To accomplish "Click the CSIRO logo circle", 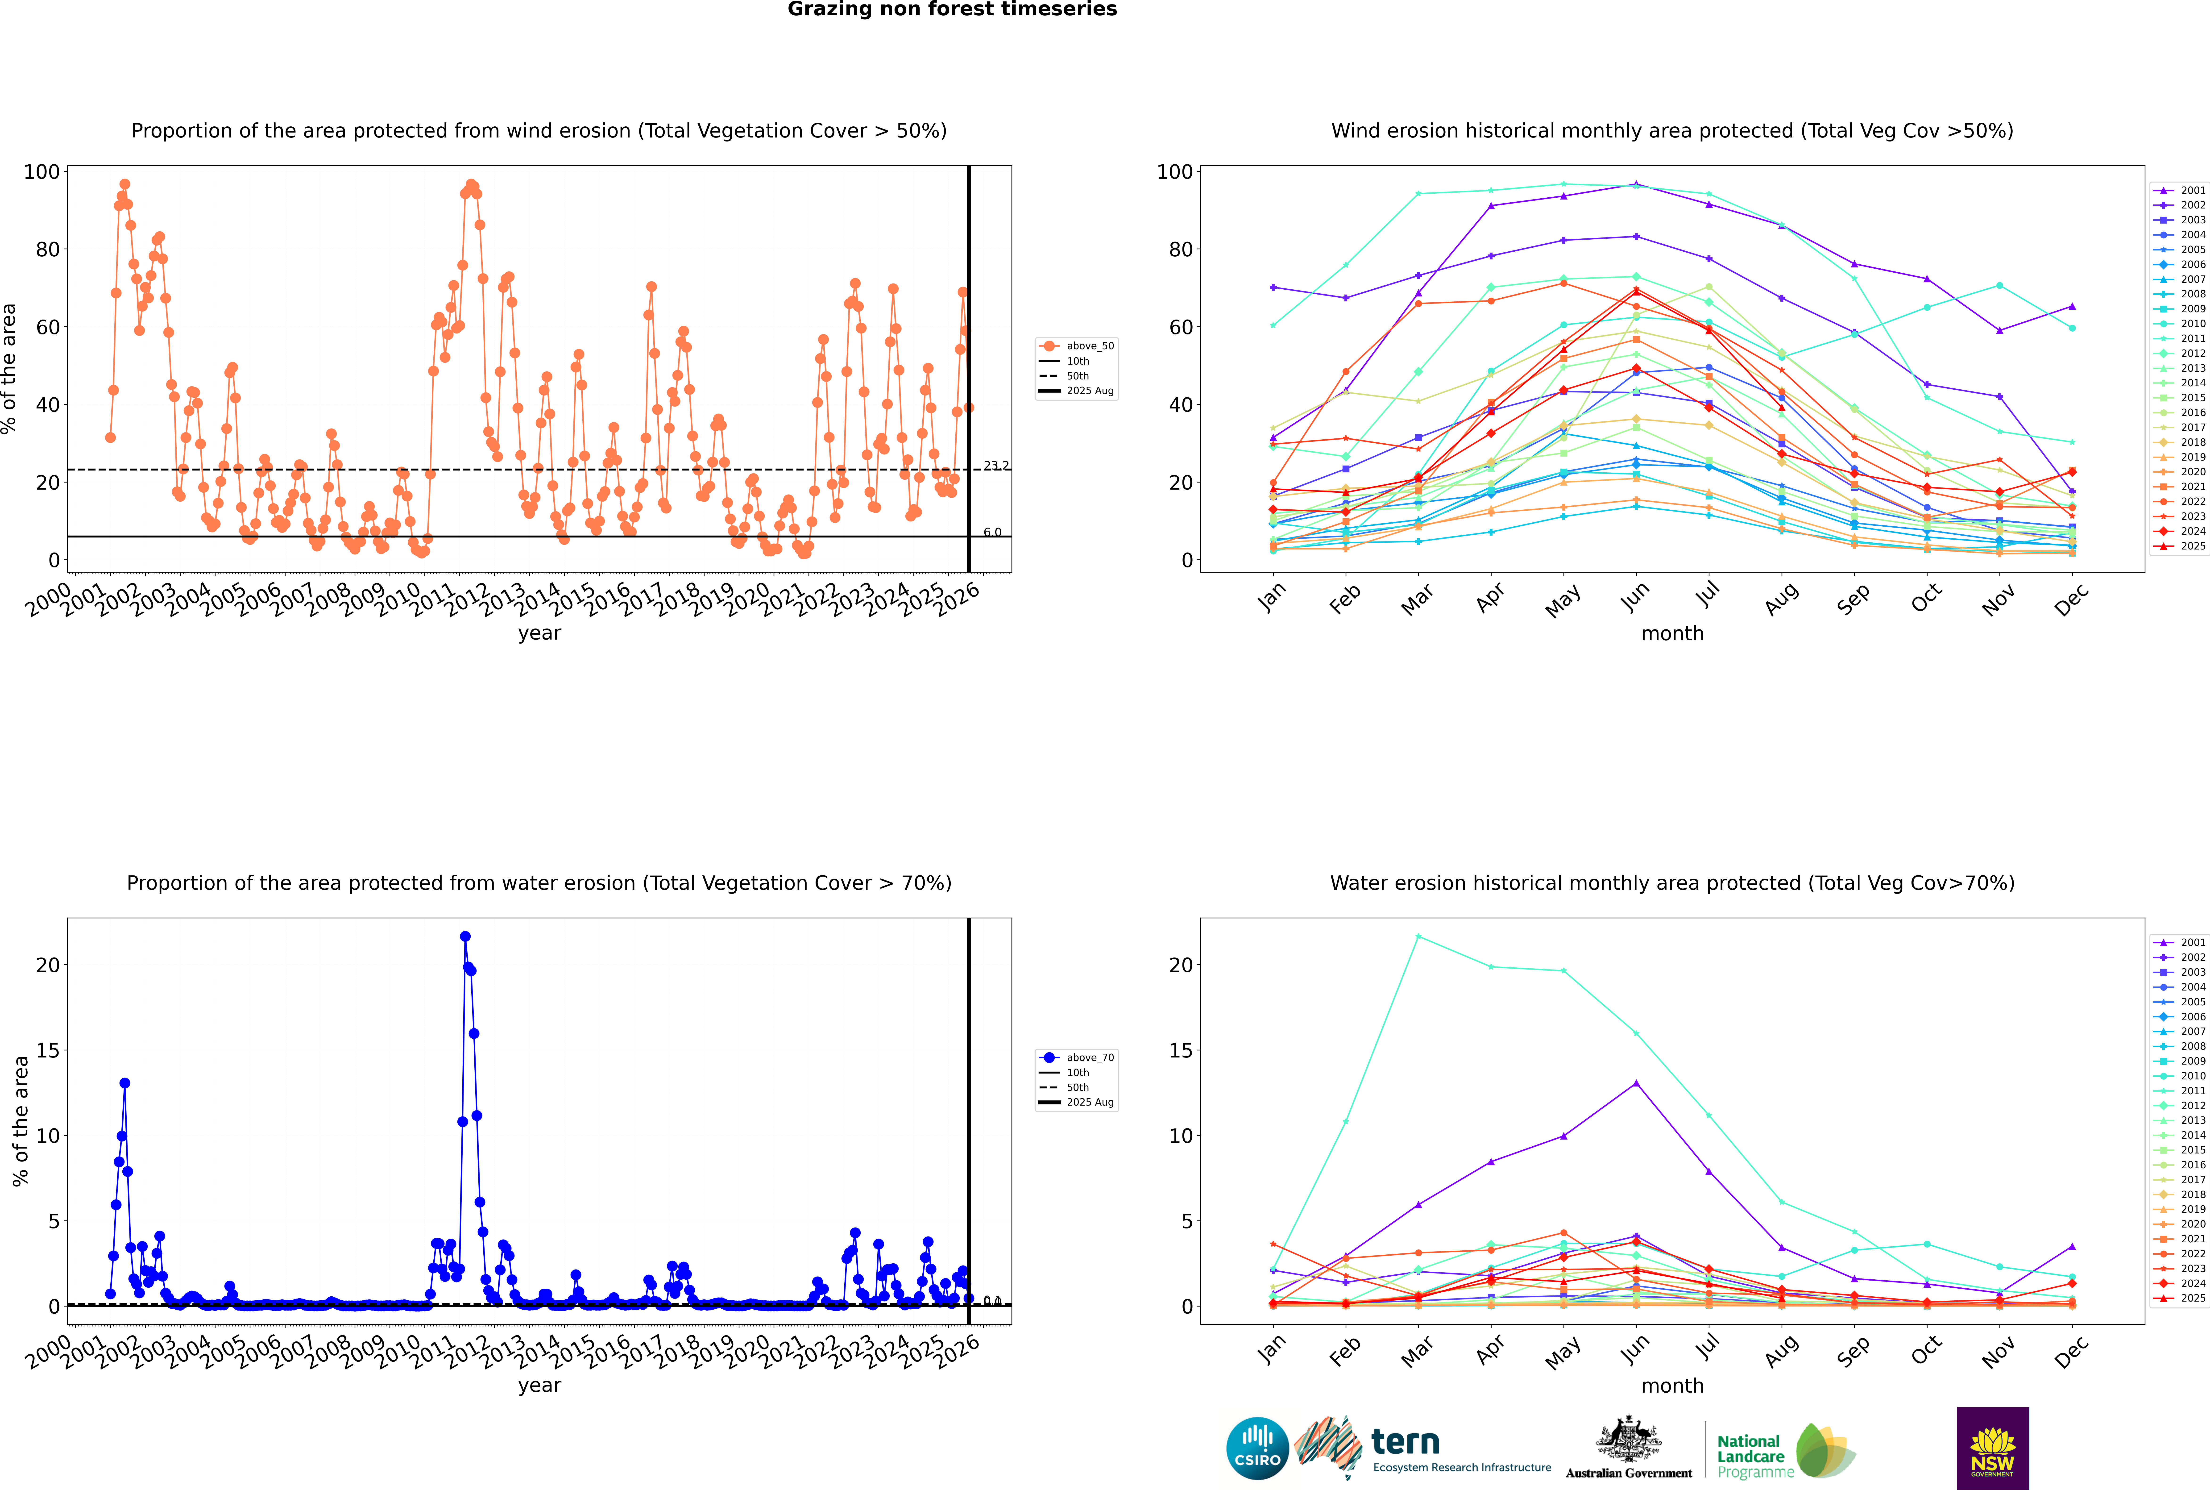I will (x=1257, y=1448).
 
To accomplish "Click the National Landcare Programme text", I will (x=1750, y=1456).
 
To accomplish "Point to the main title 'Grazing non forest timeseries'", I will (x=952, y=9).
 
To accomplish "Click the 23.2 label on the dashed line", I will (x=996, y=466).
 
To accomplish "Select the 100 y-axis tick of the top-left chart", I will (x=42, y=172).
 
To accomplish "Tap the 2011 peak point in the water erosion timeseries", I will (x=465, y=936).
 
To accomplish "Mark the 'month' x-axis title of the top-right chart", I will (x=1672, y=634).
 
